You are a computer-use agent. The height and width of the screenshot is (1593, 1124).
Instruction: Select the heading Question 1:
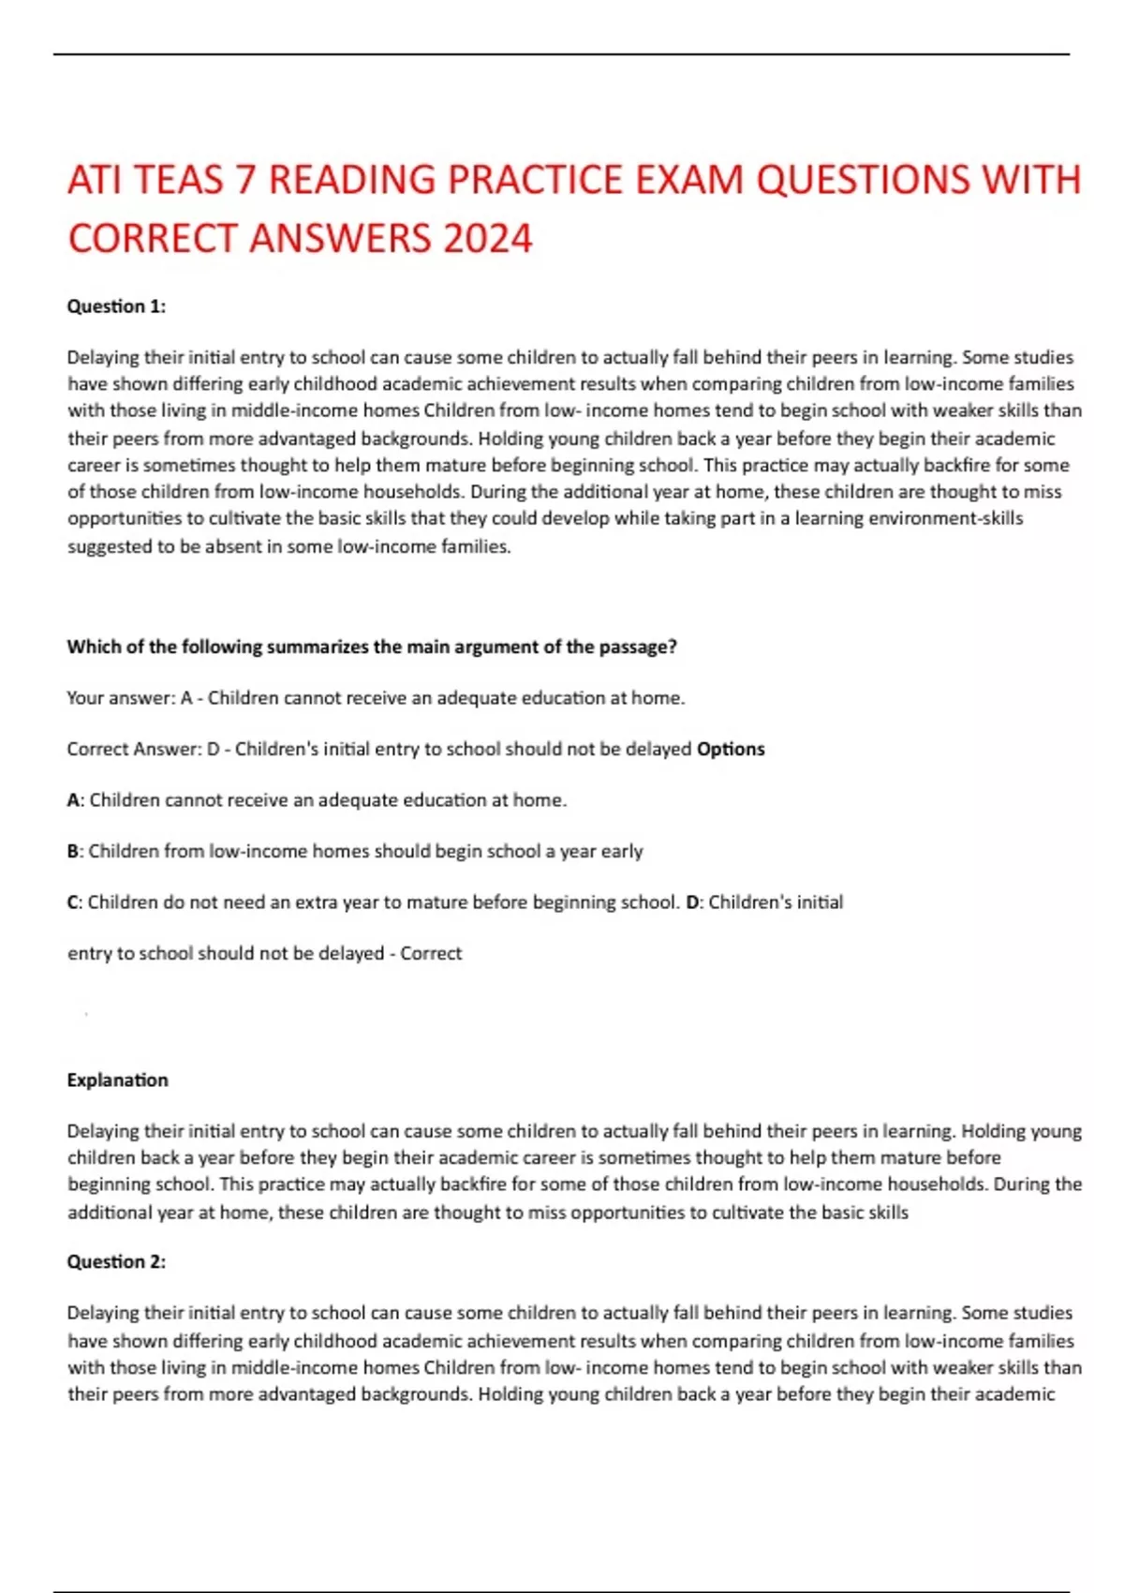(116, 306)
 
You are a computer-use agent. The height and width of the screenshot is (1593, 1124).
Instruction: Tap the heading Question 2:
(116, 1262)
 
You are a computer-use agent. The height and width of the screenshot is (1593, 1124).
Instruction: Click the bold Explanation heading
(117, 1080)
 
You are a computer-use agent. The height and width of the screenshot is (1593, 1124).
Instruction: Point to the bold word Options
(731, 750)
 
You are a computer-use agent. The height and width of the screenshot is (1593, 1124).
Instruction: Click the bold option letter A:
(76, 800)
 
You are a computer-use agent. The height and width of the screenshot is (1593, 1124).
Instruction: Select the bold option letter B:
(76, 852)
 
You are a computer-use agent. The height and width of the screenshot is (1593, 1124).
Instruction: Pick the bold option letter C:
(75, 902)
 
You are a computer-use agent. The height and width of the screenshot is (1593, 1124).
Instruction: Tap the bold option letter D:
(694, 902)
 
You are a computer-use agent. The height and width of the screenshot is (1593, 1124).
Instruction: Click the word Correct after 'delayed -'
(431, 954)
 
